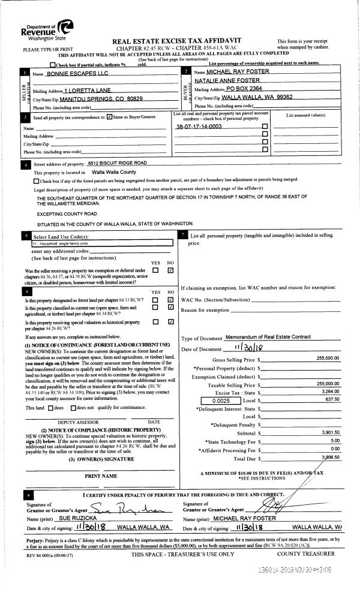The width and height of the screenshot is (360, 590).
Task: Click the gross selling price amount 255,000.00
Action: point(328,358)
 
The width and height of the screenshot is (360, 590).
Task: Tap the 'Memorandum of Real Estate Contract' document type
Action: point(271,338)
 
